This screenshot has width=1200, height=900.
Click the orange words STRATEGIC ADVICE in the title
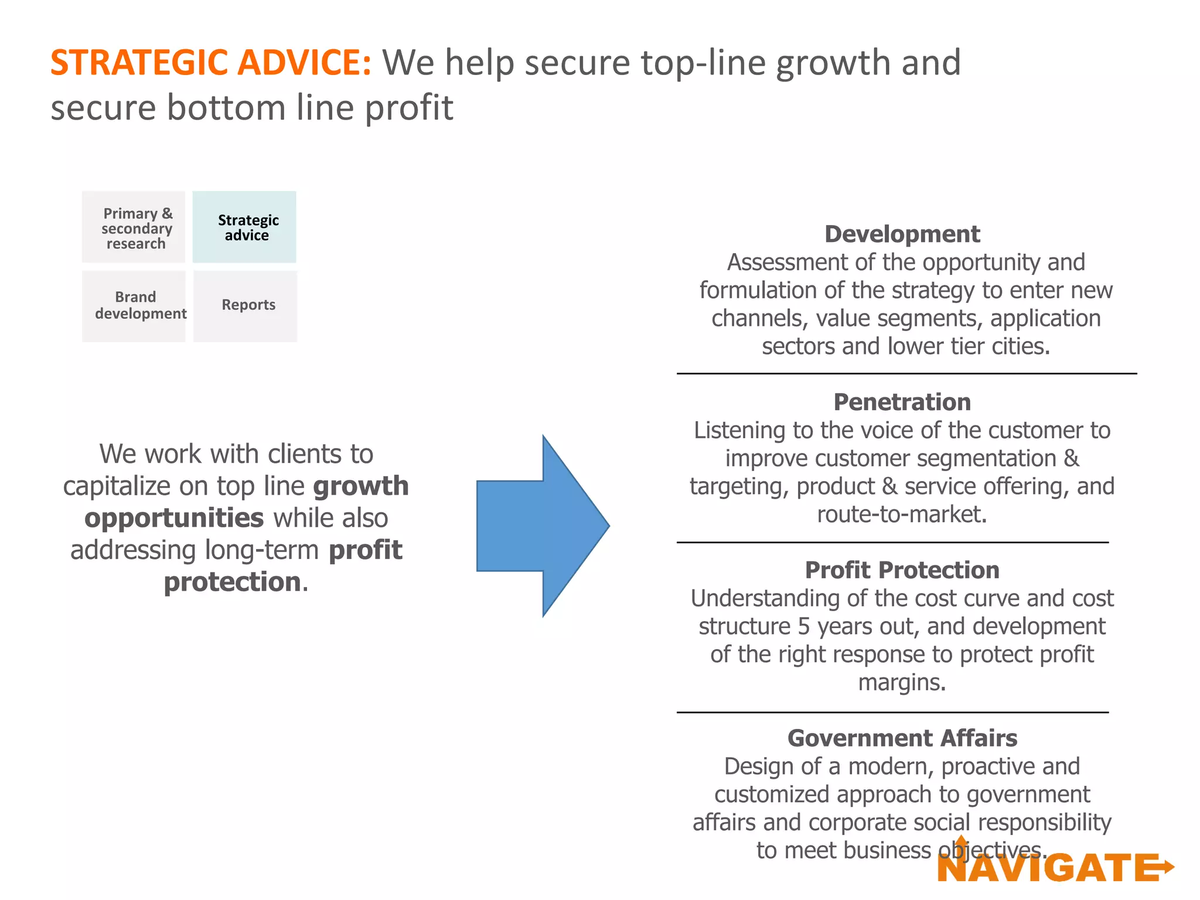pyautogui.click(x=210, y=63)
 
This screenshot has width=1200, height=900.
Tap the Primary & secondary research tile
pyautogui.click(x=134, y=227)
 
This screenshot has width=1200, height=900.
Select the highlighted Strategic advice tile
pyautogui.click(x=245, y=227)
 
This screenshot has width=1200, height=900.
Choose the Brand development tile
pyautogui.click(x=134, y=306)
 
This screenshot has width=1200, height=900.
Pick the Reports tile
pyautogui.click(x=246, y=306)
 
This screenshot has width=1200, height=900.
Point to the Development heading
pyautogui.click(x=902, y=234)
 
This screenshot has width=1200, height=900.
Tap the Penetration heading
pyautogui.click(x=902, y=403)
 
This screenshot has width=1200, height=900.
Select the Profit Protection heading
pyautogui.click(x=902, y=570)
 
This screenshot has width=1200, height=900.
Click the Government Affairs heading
pyautogui.click(x=902, y=738)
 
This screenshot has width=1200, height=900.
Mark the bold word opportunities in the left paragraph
pyautogui.click(x=174, y=519)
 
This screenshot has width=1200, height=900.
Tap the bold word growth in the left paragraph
pyautogui.click(x=361, y=486)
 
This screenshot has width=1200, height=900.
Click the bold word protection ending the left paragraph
pyautogui.click(x=232, y=582)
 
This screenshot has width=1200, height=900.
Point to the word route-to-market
pyautogui.click(x=902, y=514)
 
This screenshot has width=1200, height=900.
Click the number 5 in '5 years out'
pyautogui.click(x=804, y=626)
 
